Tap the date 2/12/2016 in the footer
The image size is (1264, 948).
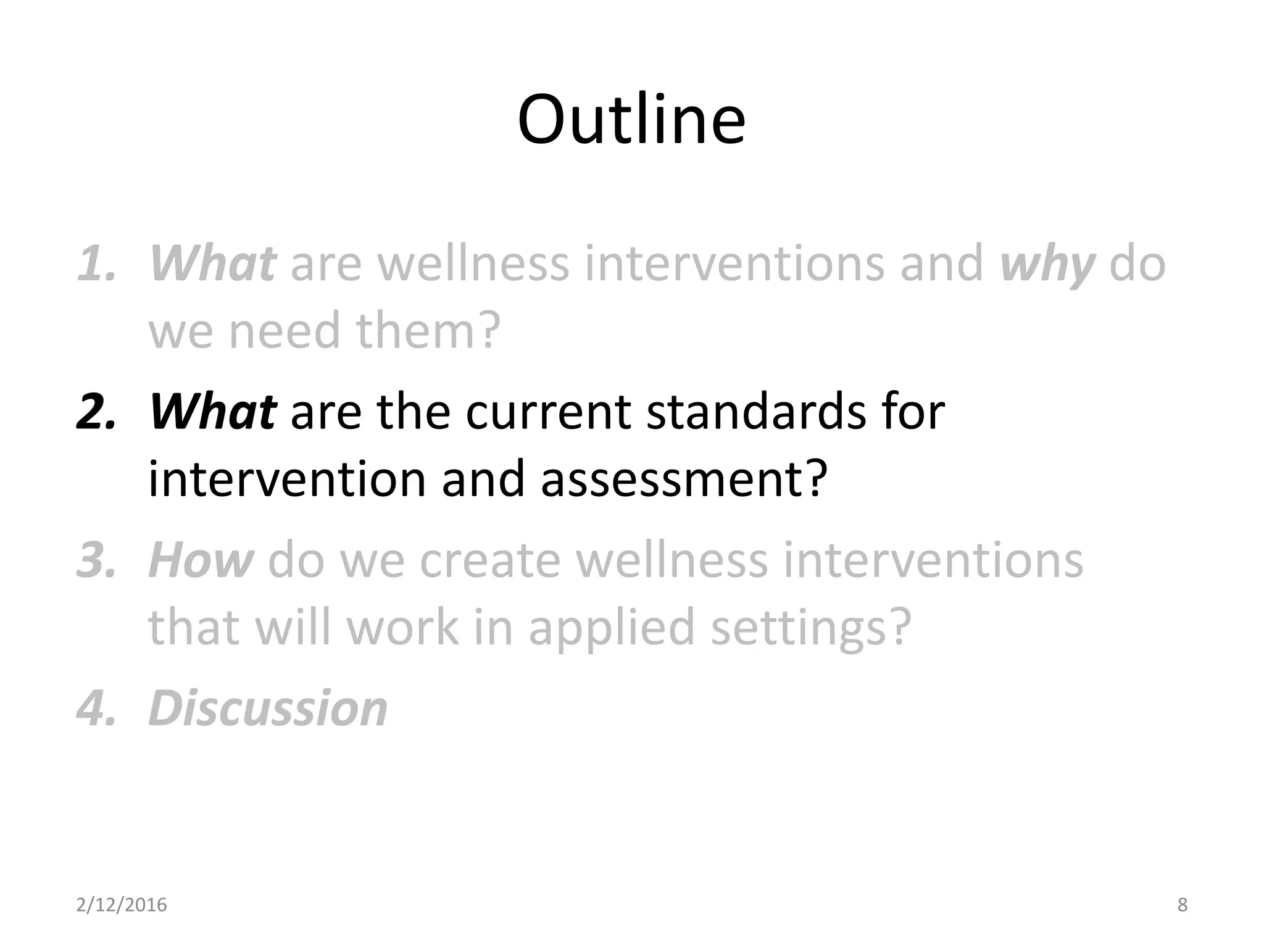[x=122, y=905]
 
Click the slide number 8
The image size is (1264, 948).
[x=1182, y=905]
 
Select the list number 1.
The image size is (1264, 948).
[x=96, y=264]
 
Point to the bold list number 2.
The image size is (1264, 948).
[x=96, y=412]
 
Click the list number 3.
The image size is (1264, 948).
[x=96, y=560]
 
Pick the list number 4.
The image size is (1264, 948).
[x=96, y=709]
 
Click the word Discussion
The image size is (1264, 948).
[x=268, y=709]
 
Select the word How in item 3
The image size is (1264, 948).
[x=201, y=560]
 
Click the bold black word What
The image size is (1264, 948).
[x=212, y=412]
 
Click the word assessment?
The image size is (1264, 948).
[x=684, y=480]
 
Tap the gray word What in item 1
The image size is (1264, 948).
[x=212, y=264]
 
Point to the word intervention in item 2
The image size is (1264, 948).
[x=287, y=480]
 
